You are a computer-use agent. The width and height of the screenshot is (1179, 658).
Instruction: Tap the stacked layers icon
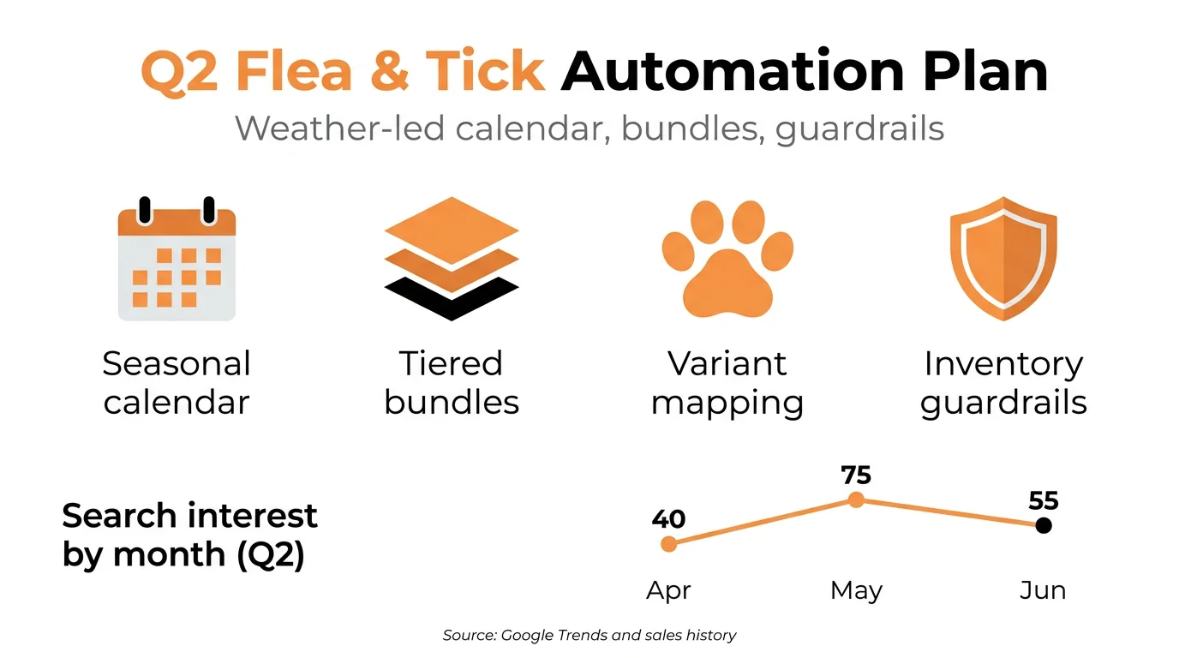click(452, 257)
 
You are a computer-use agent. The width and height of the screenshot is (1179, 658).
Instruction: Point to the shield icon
click(1002, 258)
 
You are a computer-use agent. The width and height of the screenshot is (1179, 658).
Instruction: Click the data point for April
click(669, 543)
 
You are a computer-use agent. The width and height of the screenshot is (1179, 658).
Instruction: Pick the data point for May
click(855, 500)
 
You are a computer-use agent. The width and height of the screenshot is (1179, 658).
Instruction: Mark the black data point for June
click(1043, 525)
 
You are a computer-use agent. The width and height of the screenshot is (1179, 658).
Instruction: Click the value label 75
click(856, 476)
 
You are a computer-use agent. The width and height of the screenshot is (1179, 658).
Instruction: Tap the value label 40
click(668, 519)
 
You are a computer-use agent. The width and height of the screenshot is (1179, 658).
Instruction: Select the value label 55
click(1044, 500)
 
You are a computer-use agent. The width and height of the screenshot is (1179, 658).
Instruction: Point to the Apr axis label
click(668, 590)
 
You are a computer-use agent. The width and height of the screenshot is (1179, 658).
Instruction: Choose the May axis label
click(856, 590)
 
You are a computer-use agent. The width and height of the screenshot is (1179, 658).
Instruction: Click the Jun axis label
click(1043, 590)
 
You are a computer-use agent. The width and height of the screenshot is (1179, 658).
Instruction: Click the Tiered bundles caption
click(452, 382)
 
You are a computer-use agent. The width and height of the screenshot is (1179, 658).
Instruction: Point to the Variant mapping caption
click(727, 382)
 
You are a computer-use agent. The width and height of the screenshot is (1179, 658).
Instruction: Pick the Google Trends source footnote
click(589, 635)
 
